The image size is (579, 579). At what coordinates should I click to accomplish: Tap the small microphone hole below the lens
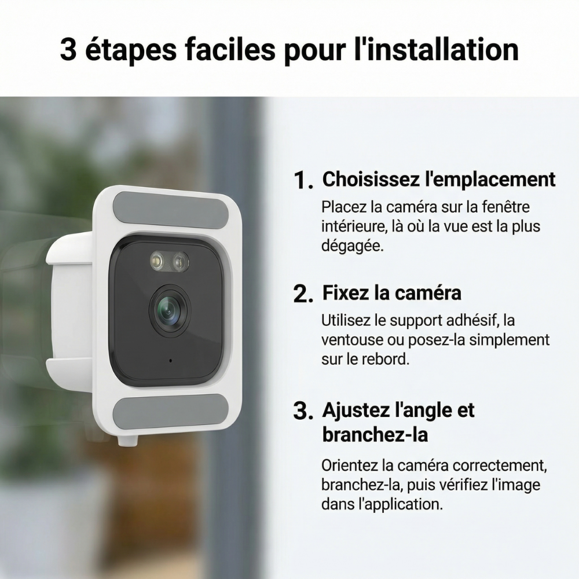click(170, 360)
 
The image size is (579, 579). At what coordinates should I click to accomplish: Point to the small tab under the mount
click(128, 440)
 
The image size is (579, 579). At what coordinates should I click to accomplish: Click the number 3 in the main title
click(68, 49)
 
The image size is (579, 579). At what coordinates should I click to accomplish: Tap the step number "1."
click(303, 181)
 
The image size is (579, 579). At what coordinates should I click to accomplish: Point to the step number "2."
click(303, 294)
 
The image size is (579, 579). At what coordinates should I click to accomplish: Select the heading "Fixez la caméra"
click(392, 293)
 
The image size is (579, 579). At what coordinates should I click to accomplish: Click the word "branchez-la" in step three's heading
click(375, 434)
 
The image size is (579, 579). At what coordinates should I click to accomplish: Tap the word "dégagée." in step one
click(353, 246)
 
